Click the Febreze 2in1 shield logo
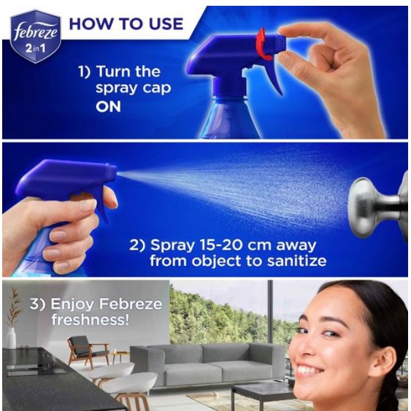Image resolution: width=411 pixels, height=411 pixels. tap(36, 37)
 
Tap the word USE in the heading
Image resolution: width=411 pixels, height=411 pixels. tap(166, 24)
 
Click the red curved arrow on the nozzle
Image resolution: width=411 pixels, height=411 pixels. tap(264, 44)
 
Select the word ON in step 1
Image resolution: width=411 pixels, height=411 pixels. tap(108, 107)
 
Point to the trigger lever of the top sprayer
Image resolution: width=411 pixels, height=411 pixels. tap(273, 77)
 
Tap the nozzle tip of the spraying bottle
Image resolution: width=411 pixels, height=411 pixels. tap(112, 170)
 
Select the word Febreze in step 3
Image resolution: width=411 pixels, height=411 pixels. tap(131, 304)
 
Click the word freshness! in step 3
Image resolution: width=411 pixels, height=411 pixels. tap(91, 320)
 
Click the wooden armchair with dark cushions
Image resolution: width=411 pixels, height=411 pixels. tap(88, 350)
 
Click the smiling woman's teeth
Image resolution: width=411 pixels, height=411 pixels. tap(310, 370)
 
